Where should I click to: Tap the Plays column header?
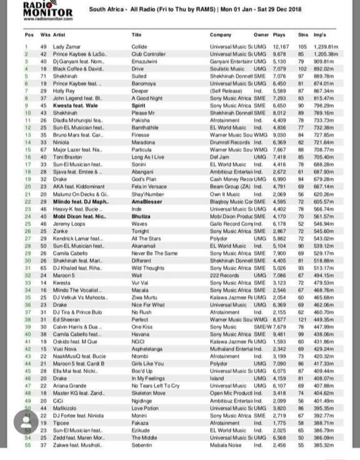[279, 35]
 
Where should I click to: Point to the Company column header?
[220, 35]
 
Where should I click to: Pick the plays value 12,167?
[281, 47]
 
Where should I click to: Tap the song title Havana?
[140, 334]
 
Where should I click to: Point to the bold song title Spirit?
[139, 106]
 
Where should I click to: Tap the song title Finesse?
[141, 135]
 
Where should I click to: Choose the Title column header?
[137, 35]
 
